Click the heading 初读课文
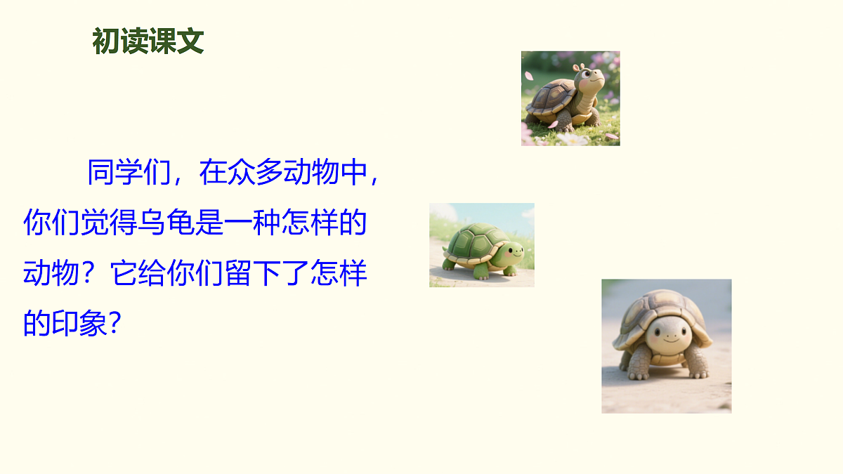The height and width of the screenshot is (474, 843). [x=148, y=42]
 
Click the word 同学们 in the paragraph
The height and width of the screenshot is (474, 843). [x=129, y=173]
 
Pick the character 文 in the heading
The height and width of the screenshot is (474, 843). [x=190, y=42]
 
